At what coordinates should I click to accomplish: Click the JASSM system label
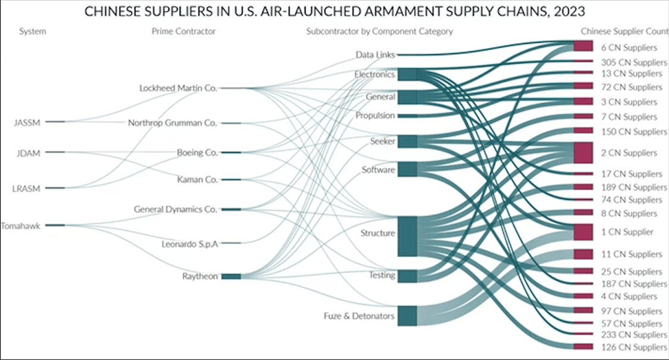27,122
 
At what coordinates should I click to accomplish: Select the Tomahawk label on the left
21,225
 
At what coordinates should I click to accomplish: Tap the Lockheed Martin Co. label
178,88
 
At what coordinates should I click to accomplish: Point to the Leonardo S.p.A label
190,243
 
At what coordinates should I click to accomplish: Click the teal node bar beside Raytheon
231,276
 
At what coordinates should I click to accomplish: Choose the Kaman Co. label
197,180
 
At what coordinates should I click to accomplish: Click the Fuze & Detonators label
359,316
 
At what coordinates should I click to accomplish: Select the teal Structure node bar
407,235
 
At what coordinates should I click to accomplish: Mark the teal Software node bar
407,169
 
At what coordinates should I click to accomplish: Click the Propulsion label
375,116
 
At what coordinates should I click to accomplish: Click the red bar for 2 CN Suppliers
583,152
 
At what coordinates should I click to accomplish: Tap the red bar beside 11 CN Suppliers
583,254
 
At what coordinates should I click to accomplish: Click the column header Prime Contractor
183,32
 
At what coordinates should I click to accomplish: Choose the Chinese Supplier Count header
624,32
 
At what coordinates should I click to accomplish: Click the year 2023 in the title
575,12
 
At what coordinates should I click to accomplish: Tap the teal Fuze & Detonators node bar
407,315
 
